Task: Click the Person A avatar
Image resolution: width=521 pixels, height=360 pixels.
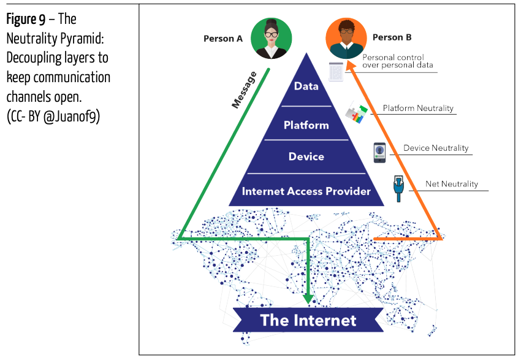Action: (x=271, y=38)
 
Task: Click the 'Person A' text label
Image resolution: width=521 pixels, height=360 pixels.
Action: (x=223, y=39)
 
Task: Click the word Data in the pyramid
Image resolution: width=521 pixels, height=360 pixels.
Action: (x=306, y=86)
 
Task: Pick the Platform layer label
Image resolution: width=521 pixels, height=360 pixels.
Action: (x=306, y=125)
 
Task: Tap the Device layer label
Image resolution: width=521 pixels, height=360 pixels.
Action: (x=306, y=156)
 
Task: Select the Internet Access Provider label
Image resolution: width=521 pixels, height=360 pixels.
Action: (x=306, y=191)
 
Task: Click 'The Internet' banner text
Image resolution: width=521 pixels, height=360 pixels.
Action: (x=308, y=320)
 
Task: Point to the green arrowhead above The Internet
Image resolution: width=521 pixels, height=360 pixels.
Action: (x=308, y=299)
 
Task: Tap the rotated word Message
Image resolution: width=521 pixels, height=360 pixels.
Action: (x=245, y=91)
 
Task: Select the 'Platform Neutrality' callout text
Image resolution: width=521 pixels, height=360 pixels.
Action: (x=418, y=109)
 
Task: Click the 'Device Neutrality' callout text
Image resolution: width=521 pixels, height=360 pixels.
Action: (x=436, y=148)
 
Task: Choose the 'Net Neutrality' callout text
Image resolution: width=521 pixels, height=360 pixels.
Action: (x=452, y=184)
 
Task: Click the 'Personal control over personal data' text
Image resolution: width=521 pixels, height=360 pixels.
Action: (x=398, y=61)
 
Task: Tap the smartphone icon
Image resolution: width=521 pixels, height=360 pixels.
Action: (x=380, y=152)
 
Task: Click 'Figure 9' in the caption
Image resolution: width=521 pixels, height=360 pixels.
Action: (x=25, y=20)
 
